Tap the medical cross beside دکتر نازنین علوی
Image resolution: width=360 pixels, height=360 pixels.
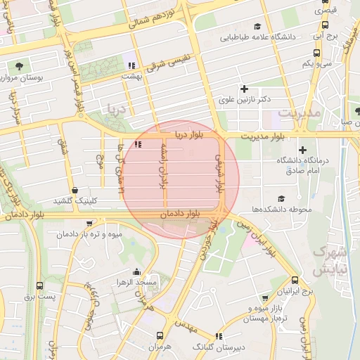(245, 89)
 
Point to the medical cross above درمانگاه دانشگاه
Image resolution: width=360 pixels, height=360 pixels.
(303, 150)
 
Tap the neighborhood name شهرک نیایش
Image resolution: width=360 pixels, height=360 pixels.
(330, 260)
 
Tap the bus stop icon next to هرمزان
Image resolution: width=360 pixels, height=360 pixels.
(160, 335)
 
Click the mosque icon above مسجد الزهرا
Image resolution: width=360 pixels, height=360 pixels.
(136, 272)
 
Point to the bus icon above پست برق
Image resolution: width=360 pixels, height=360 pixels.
(39, 286)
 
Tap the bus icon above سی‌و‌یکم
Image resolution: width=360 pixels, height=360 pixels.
(317, 53)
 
